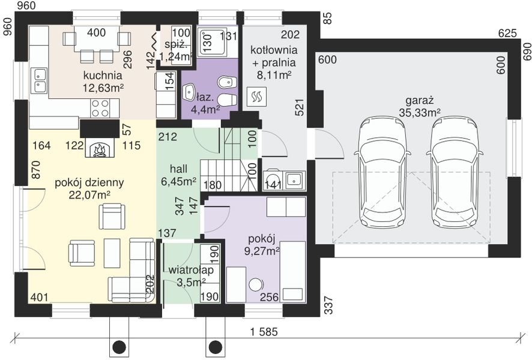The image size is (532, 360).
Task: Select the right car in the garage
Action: [x=454, y=173]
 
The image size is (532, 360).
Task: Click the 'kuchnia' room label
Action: [x=103, y=75]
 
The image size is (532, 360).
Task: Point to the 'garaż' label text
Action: [x=420, y=101]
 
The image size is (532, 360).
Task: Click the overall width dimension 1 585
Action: [x=264, y=332]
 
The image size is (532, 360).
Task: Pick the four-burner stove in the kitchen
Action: [x=100, y=109]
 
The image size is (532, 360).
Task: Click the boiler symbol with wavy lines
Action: [x=256, y=97]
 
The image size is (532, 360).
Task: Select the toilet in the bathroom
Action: [x=226, y=100]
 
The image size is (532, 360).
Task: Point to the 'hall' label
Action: [x=178, y=169]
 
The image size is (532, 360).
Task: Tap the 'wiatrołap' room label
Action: [x=191, y=270]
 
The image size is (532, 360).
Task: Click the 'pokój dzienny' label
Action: [x=89, y=182]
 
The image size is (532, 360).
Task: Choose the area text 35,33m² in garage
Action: [x=420, y=112]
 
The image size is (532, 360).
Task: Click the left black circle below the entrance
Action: [x=119, y=346]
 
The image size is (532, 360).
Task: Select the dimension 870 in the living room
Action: [x=36, y=170]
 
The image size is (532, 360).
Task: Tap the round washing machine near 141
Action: [x=273, y=180]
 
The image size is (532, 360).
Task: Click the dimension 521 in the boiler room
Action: [x=299, y=107]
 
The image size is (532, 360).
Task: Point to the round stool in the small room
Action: [x=256, y=284]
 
